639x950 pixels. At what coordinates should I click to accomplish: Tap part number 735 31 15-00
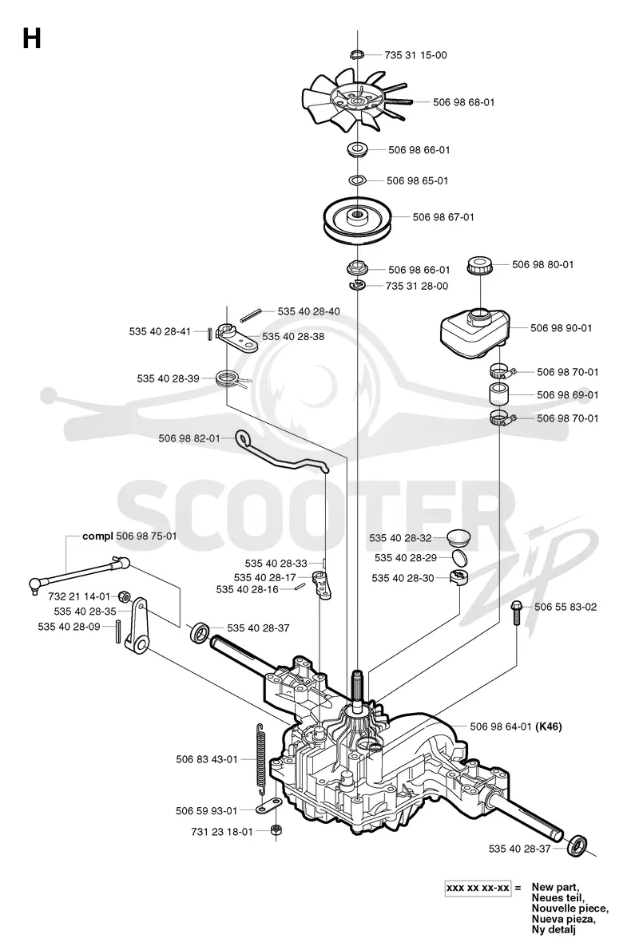[415, 55]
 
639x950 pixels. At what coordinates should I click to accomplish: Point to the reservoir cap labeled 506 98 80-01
[479, 265]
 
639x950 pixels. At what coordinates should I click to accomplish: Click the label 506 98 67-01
[443, 217]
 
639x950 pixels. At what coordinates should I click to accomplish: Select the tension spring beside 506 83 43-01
[261, 759]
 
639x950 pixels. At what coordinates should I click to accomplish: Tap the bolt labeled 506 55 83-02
[517, 612]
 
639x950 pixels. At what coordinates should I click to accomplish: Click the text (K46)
[549, 726]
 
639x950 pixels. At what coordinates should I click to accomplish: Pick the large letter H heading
[31, 39]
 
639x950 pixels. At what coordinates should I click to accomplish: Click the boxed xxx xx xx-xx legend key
[478, 889]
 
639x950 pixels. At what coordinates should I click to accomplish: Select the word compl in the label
[97, 536]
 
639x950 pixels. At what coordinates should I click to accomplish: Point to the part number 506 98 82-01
[189, 438]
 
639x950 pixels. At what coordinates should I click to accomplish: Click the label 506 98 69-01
[567, 395]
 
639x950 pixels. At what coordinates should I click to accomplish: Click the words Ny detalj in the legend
[554, 929]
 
